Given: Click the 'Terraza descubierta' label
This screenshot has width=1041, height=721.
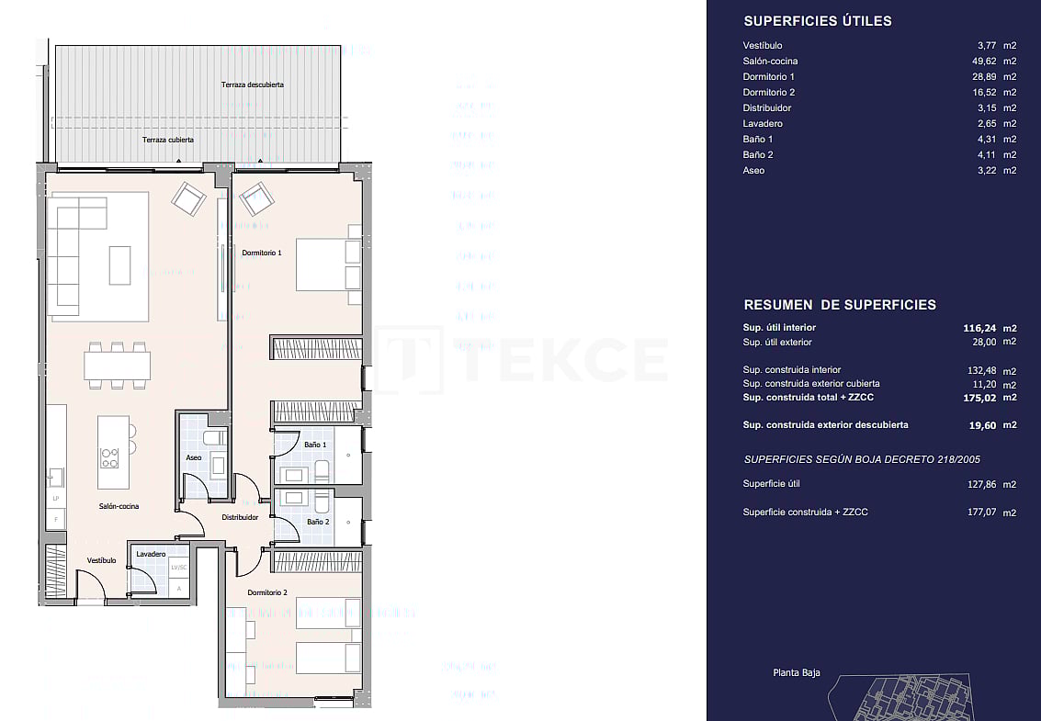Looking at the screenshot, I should point(252,84).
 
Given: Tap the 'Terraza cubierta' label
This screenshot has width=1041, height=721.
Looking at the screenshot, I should point(167,141).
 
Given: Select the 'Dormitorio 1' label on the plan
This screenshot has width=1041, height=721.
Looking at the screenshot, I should point(262,253).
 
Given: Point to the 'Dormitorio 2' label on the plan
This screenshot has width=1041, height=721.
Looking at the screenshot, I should point(267,592).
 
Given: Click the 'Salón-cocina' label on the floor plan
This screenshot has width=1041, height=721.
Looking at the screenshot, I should point(119,506).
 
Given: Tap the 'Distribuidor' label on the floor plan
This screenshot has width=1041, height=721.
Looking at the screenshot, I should point(240,517).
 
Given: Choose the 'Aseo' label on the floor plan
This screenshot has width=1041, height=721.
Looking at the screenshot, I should point(194,457).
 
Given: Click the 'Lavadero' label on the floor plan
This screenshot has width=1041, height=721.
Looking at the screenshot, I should point(151,554).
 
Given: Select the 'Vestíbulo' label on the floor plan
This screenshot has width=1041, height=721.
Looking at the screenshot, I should point(101,559).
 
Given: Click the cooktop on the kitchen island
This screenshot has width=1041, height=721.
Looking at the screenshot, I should point(109,456).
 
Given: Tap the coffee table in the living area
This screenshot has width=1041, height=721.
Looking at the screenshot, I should point(120,265).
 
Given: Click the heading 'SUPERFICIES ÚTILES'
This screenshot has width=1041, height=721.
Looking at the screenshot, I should point(817,21).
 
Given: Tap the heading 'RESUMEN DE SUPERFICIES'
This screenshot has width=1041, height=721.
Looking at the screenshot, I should point(839,305).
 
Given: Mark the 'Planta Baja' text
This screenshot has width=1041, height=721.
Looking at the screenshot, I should point(796,673).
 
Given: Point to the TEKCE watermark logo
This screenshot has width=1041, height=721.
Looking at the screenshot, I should point(524,359).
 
